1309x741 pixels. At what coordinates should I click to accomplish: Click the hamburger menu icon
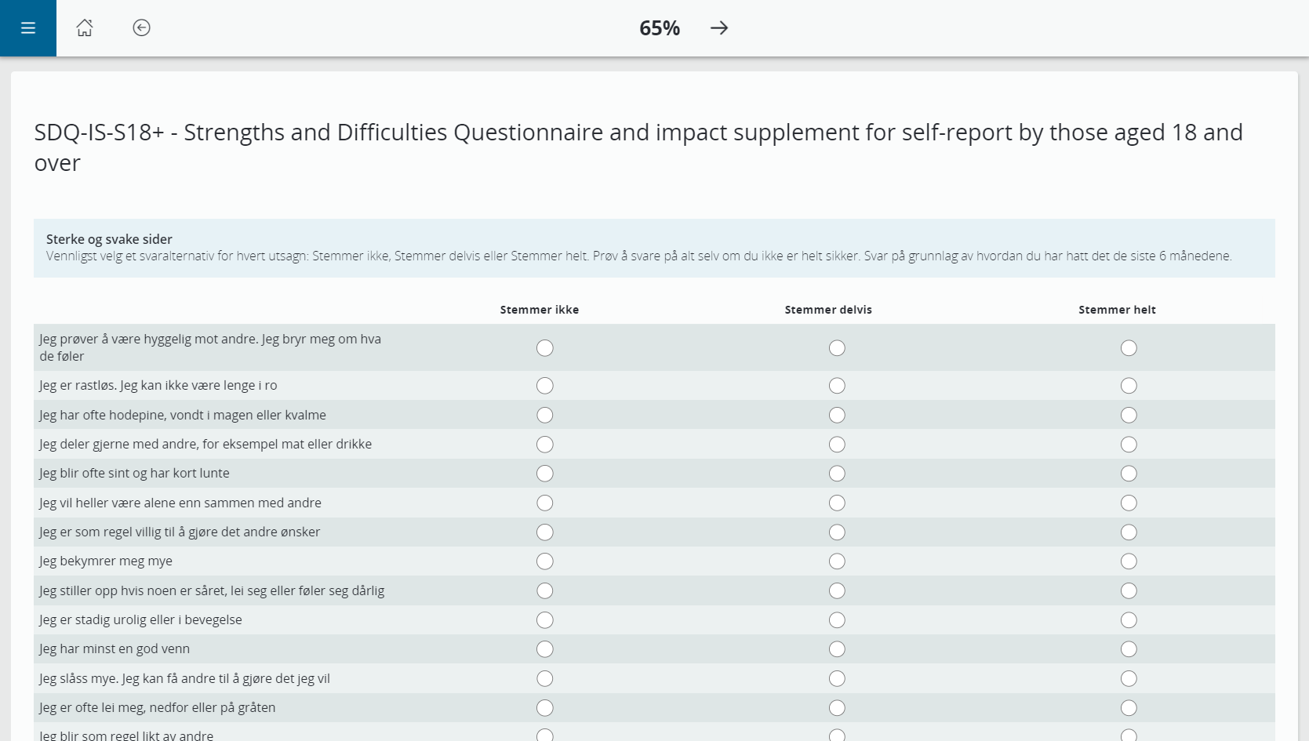coord(28,28)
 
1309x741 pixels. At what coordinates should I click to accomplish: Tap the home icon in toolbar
coord(85,28)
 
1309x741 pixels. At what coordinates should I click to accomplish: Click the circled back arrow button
coord(141,28)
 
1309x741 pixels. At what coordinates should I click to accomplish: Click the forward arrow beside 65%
coord(719,28)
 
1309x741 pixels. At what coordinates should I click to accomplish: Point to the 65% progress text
coord(659,28)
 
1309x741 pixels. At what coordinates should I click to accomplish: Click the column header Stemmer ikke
coord(540,310)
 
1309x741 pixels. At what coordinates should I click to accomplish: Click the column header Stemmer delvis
coord(828,310)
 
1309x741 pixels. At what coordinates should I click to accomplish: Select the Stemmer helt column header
coord(1117,310)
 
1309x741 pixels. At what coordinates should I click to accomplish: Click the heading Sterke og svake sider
coord(109,239)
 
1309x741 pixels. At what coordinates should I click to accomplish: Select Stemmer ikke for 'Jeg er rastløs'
coord(545,386)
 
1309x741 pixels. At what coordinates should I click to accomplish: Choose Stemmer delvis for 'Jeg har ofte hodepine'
coord(837,415)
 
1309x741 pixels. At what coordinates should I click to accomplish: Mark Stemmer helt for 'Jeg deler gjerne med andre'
coord(1129,445)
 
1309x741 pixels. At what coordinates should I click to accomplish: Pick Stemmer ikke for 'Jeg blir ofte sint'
coord(545,474)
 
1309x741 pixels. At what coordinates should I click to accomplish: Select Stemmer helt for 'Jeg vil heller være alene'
coord(1129,503)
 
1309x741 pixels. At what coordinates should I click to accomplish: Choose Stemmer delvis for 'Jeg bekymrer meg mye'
coord(837,561)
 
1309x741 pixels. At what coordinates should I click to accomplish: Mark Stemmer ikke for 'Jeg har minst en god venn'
coord(545,649)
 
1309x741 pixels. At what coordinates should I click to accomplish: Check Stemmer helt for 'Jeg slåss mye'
coord(1129,678)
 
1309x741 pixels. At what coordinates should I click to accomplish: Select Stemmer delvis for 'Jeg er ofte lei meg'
coord(837,708)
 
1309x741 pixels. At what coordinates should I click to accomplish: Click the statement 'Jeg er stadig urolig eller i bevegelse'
coord(140,619)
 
